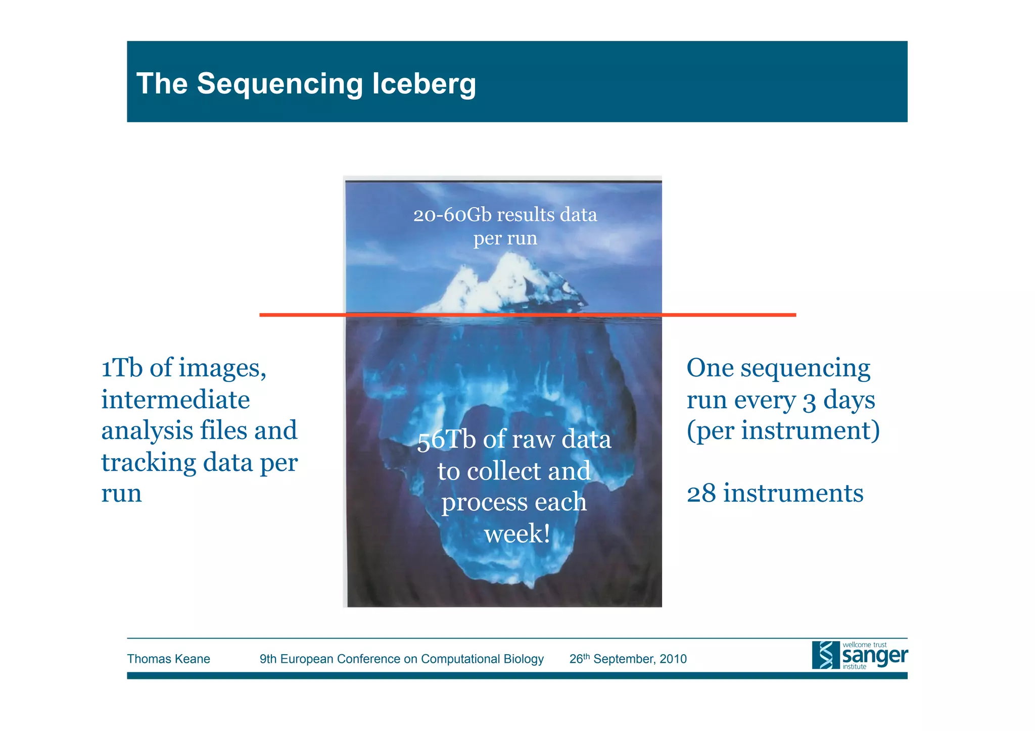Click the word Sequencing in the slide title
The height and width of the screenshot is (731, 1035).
(279, 84)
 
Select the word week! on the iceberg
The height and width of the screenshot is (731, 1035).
(516, 534)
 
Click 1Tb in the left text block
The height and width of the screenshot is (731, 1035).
(121, 368)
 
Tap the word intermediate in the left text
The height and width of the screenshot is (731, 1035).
(175, 400)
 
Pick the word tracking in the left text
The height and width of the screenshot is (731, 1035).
(149, 462)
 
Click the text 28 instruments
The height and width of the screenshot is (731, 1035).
(775, 494)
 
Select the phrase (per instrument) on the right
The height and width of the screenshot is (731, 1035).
(783, 431)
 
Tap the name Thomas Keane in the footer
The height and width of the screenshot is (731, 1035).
(168, 659)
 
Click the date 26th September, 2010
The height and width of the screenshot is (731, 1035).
(628, 659)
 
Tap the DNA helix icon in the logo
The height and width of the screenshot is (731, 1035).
(825, 655)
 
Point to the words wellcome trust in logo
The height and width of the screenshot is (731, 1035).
(864, 645)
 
